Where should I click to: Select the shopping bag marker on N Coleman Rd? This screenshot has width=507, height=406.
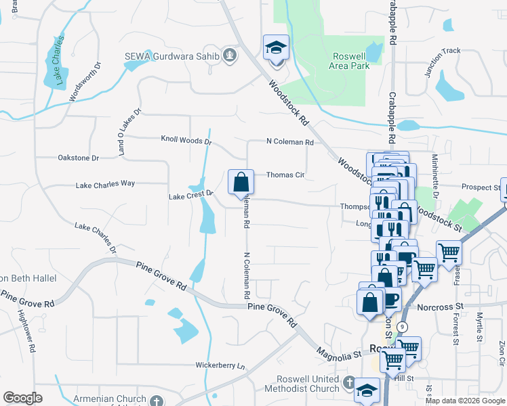(x=241, y=183)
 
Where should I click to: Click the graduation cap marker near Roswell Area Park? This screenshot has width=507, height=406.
(x=276, y=49)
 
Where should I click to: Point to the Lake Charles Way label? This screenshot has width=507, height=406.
(x=105, y=184)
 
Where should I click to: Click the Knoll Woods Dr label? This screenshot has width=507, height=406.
(x=186, y=141)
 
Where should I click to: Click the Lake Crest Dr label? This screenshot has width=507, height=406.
(x=191, y=196)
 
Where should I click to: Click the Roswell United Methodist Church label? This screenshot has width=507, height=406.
(x=308, y=384)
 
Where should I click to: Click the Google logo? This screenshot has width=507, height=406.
(x=22, y=397)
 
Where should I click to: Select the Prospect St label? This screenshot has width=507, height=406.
(x=479, y=187)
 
